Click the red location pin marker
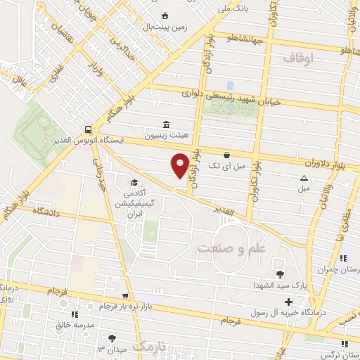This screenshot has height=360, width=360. pyautogui.click(x=181, y=165)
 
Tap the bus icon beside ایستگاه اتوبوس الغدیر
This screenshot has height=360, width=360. pyautogui.click(x=87, y=129)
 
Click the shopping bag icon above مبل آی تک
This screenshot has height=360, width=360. pyautogui.click(x=226, y=155)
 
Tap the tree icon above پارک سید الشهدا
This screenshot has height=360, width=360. pyautogui.click(x=281, y=275)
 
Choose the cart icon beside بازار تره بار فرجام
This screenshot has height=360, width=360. pyautogui.click(x=125, y=297)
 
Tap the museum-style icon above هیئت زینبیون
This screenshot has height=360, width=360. pyautogui.click(x=165, y=124)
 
